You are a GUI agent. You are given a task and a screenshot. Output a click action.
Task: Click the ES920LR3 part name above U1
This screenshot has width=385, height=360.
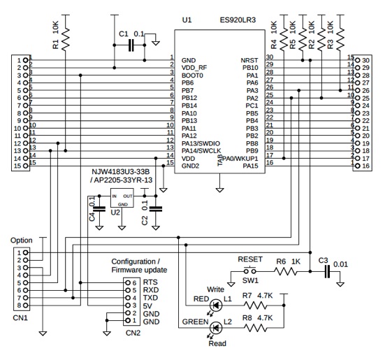point(238,20)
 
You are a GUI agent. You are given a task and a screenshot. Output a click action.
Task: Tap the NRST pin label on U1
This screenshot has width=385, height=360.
point(249,60)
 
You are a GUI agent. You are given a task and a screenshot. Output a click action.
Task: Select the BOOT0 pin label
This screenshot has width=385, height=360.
point(192,75)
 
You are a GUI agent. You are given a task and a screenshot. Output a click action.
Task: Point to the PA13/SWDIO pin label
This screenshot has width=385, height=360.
point(201,143)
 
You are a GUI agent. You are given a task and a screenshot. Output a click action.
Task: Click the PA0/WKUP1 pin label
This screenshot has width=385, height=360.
point(240,159)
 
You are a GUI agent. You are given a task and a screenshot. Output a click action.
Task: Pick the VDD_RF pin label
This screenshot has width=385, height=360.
point(194,68)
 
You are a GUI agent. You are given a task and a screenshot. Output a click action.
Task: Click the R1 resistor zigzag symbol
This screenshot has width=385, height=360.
point(65,40)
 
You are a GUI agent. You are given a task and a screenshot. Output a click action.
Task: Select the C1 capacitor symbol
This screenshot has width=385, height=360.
point(131,45)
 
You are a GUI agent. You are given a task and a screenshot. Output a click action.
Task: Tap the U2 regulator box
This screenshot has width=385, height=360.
point(122,198)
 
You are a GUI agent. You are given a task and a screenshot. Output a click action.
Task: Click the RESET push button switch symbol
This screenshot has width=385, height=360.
point(250,271)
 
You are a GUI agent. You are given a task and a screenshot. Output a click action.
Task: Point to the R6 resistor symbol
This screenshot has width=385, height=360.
point(285,272)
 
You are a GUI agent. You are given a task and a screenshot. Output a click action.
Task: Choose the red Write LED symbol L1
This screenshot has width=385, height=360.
point(216,305)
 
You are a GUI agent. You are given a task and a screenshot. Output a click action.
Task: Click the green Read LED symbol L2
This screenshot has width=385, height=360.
point(216,328)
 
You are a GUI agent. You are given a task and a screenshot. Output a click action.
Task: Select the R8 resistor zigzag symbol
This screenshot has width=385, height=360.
point(255,328)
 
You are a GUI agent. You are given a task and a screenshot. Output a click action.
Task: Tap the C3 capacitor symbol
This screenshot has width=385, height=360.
point(327,272)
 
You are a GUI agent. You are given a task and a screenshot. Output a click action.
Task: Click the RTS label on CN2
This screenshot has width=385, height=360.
point(150,282)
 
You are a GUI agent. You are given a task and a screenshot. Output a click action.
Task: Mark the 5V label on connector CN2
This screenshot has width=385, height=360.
point(147,306)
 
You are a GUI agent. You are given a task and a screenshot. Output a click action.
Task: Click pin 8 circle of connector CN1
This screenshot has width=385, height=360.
point(26,305)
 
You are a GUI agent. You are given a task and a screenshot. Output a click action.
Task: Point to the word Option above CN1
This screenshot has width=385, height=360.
point(22,240)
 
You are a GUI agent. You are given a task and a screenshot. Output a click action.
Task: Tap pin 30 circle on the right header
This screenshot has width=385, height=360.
point(358,60)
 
